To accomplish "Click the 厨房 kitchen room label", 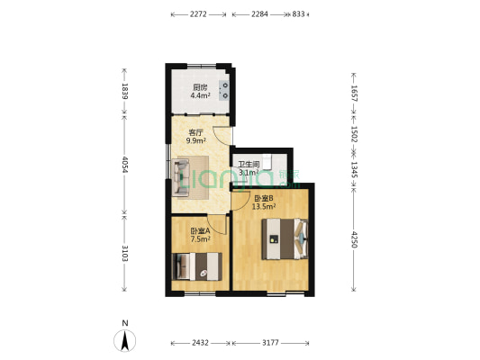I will (200, 86).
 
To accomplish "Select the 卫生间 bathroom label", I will (249, 165).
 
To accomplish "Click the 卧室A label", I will (200, 232).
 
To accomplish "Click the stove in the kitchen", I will (225, 90).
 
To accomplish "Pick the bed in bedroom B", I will (284, 238).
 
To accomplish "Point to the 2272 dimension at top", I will (200, 14).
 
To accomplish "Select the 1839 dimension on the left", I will (125, 93).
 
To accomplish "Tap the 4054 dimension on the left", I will (125, 167).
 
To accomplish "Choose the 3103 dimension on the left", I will (125, 255).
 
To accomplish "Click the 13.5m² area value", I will (263, 206).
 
